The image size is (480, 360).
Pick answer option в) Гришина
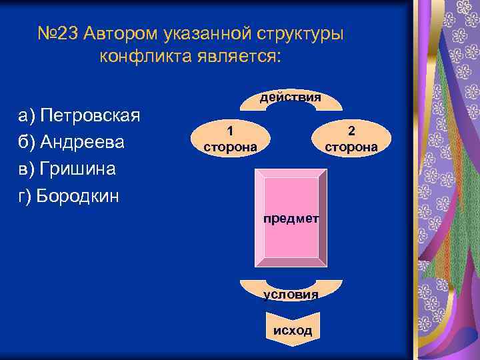pos(67,169)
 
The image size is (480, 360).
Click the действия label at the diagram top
pos(291,97)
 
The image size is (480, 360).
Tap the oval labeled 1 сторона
pos(229,137)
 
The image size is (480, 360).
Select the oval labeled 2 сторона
pos(351,137)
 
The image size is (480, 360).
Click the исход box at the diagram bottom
pos(291,331)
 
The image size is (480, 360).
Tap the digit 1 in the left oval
pos(229,130)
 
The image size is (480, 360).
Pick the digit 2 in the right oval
pos(351,130)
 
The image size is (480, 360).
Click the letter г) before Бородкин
pos(25,196)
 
